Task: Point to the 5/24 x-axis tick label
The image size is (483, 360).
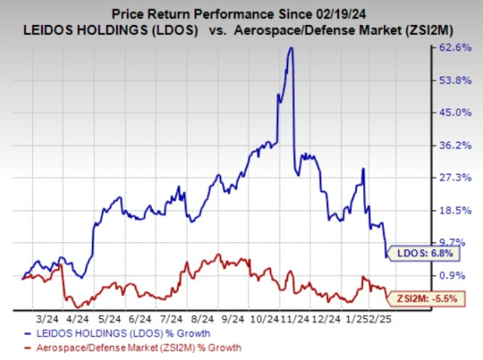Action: tap(108, 319)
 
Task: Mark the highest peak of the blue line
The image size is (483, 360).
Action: tap(291, 48)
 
